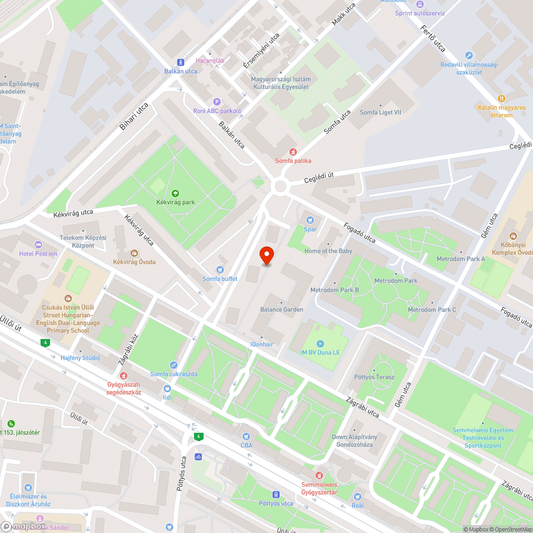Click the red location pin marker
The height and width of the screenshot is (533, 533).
[x=266, y=256]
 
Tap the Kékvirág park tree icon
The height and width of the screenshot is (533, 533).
[x=175, y=193]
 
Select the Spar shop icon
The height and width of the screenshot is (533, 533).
[x=310, y=220]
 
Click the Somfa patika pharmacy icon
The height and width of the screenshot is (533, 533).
[x=293, y=152]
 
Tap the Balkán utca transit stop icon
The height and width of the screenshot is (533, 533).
[x=181, y=62]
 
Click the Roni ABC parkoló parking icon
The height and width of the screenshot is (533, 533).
[x=217, y=102]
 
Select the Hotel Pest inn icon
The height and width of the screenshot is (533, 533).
[x=38, y=244]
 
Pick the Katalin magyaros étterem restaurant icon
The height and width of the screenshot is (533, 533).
[x=501, y=99]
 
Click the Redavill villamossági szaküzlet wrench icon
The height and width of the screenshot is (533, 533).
[x=469, y=55]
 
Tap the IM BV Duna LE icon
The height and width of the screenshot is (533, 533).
[x=320, y=343]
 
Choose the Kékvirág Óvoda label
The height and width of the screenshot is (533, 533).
[x=134, y=262]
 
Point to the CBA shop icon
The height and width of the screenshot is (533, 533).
[x=246, y=436]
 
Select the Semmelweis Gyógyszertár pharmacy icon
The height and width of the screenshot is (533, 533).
[x=319, y=475]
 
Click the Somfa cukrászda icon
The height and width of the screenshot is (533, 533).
[x=174, y=365]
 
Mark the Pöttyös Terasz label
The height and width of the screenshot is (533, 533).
[x=374, y=377]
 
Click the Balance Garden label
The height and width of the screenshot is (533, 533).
[x=281, y=310]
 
